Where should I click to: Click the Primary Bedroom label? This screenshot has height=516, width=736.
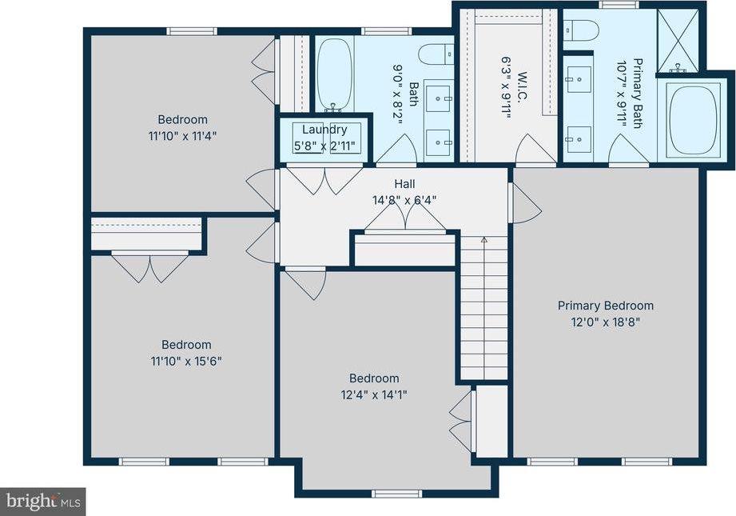click(x=605, y=306)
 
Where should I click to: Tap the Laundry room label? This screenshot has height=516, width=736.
click(x=324, y=130)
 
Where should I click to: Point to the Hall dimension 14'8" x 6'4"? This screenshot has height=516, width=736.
click(x=404, y=200)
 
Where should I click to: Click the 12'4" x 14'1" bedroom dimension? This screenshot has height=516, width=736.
click(x=374, y=394)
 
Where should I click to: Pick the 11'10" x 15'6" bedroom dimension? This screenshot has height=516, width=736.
click(x=187, y=361)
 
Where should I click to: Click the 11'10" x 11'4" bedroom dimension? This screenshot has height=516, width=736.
click(x=182, y=136)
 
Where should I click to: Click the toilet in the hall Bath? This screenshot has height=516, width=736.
click(x=432, y=54)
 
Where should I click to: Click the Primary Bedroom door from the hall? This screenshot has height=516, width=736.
click(x=523, y=202)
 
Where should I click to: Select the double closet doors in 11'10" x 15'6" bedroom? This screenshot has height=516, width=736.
click(x=149, y=267)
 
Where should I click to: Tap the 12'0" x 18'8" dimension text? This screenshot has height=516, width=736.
click(x=605, y=322)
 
